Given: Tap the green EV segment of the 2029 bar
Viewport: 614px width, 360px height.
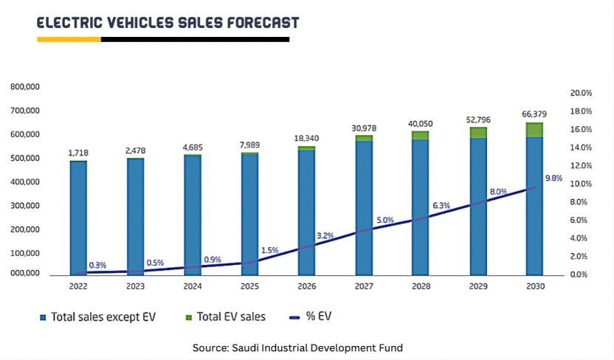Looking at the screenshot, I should [479, 133].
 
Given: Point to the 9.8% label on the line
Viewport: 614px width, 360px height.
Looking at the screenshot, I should [554, 178].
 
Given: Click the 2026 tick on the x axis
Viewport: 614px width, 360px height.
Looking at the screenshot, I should [306, 286].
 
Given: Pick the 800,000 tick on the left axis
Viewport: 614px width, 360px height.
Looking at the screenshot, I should [25, 87].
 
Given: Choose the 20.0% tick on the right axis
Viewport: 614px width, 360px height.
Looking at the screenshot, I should [582, 94].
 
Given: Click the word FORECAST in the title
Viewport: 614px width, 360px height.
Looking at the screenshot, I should [252, 23].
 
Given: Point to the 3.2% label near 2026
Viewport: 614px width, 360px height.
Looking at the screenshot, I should [325, 236].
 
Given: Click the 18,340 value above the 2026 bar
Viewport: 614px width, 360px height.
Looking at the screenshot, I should [306, 138].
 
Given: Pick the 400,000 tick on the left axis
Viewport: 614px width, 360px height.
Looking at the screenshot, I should [25, 182].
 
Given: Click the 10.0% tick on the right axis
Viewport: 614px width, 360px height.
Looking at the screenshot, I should [582, 184].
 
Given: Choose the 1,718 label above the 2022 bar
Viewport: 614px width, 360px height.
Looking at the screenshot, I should [78, 152].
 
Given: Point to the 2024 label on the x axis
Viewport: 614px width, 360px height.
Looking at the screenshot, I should [192, 286].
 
